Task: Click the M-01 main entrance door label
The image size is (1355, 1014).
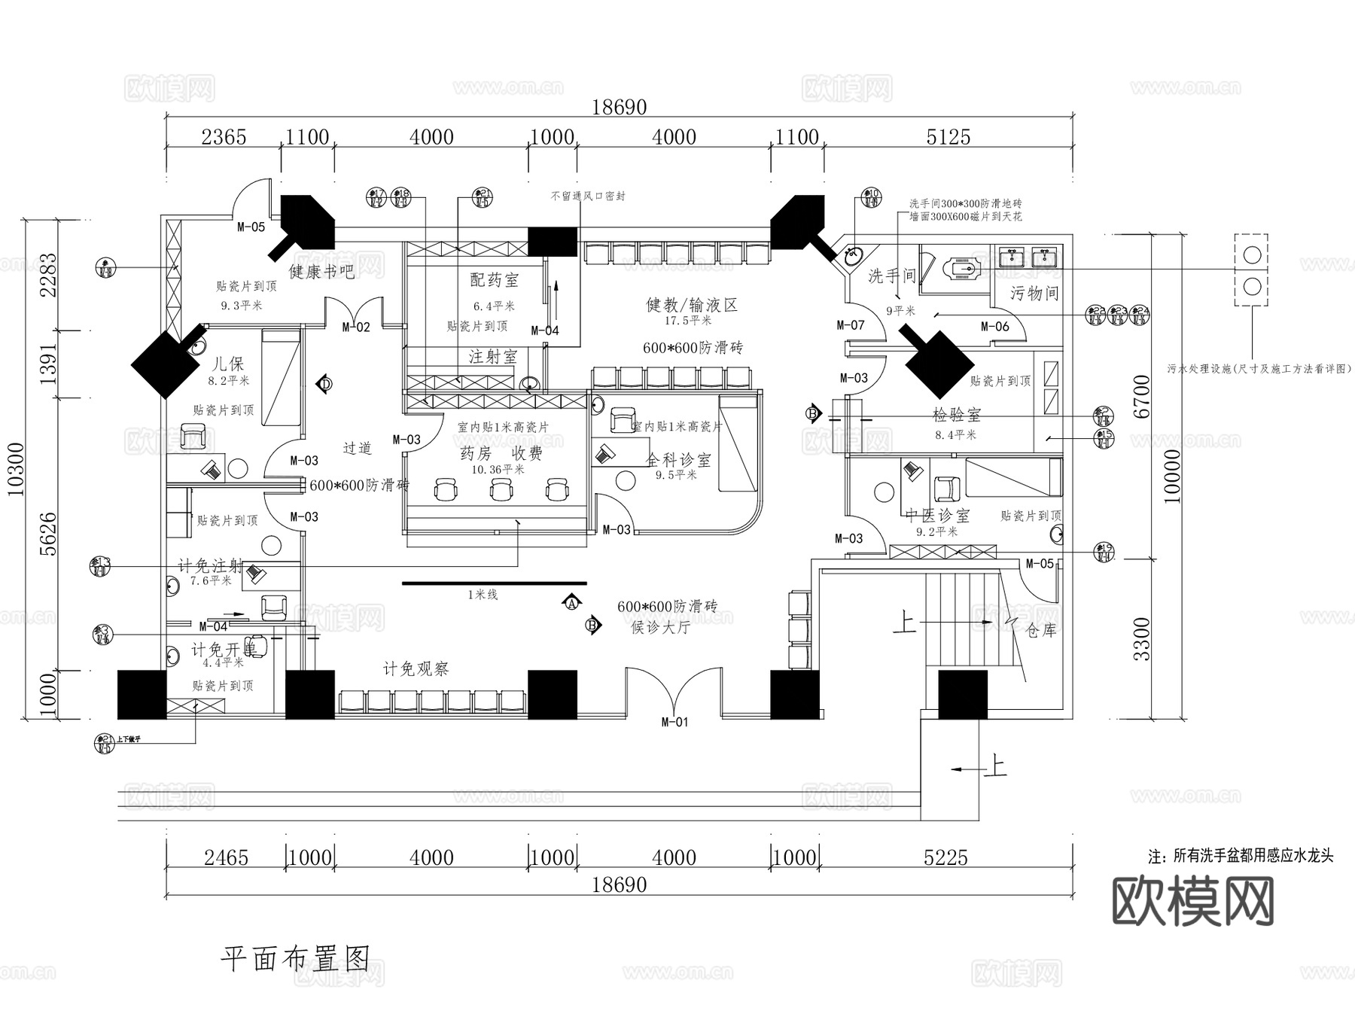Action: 674,723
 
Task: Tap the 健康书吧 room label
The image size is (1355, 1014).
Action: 321,271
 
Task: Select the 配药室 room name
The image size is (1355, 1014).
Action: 495,280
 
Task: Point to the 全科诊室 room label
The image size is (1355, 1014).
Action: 678,460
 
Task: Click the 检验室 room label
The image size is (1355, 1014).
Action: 956,415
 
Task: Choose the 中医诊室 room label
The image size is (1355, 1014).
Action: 937,516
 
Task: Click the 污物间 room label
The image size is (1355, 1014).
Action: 1034,294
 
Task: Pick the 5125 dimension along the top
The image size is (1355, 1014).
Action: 948,137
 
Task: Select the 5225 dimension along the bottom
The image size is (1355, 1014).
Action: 945,857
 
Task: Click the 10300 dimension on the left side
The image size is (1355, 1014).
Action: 17,469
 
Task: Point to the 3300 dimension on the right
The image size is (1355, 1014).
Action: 1142,638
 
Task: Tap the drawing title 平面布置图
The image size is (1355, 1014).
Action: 295,959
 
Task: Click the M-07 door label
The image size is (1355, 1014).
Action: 851,325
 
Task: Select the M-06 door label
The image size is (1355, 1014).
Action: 995,327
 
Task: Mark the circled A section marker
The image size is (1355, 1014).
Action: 571,603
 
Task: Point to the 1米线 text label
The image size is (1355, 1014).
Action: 483,595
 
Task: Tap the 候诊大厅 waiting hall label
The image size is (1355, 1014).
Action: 660,627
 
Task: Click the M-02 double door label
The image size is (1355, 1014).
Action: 356,327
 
